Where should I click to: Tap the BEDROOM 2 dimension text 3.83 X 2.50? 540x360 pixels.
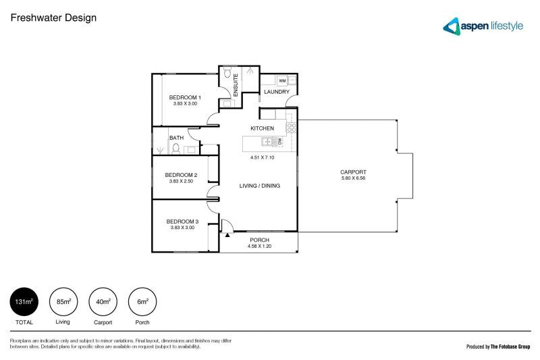(181, 181)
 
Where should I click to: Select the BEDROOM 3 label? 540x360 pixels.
(182, 222)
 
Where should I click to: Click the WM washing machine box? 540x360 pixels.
(282, 80)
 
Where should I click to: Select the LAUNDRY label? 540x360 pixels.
(277, 92)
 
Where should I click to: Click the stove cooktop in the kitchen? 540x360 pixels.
(291, 125)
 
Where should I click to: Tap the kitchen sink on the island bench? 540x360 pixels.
(268, 142)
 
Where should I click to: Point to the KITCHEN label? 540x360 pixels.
(262, 128)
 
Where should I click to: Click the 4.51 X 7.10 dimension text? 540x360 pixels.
(262, 157)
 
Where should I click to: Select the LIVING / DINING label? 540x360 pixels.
(260, 186)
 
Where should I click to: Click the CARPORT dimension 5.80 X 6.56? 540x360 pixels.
(353, 179)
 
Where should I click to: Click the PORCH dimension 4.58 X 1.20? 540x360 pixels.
(259, 247)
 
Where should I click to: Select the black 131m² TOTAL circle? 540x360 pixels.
(24, 302)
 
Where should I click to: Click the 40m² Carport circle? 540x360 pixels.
(103, 302)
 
